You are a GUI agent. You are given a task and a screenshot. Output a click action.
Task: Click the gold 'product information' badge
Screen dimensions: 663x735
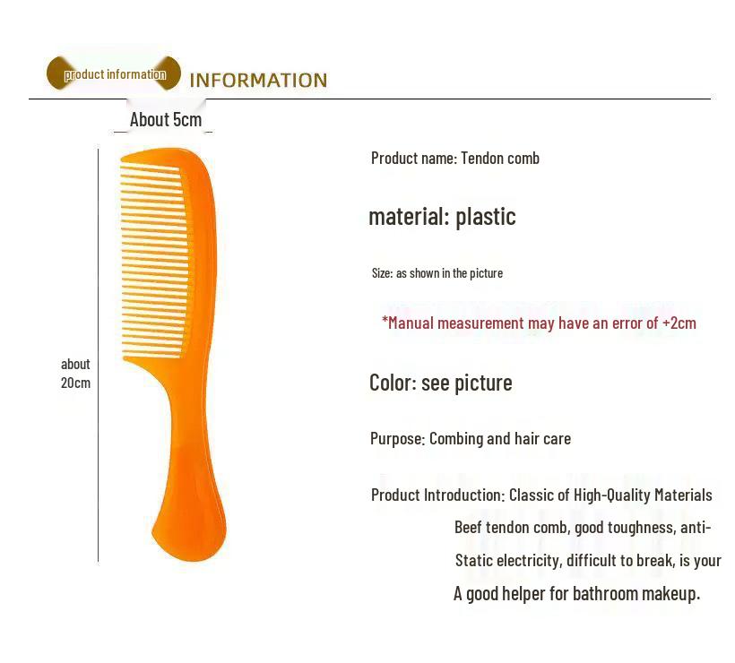[x=114, y=74]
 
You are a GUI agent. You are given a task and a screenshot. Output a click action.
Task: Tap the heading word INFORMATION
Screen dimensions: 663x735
[x=258, y=81]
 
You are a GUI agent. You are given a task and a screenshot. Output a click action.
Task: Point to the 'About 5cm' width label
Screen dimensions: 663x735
[x=166, y=120]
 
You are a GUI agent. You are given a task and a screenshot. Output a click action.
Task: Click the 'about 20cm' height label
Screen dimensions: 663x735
[x=75, y=374]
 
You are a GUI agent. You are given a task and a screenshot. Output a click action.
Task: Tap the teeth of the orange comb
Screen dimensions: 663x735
[x=152, y=260]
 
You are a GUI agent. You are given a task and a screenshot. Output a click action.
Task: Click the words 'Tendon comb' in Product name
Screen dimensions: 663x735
[x=500, y=159]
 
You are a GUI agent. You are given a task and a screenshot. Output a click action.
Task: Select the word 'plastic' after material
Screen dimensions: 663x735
[x=486, y=217]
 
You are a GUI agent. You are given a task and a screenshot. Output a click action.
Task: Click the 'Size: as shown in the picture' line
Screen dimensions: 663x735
[x=437, y=273]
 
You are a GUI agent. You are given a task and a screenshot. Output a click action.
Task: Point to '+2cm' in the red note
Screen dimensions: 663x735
[x=679, y=323]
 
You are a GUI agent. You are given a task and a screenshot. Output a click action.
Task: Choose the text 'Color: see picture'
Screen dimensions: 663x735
[x=441, y=383]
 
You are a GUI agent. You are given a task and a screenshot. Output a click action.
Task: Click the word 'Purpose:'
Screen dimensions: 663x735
[x=397, y=439]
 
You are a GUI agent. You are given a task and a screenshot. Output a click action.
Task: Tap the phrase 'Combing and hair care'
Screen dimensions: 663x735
[x=500, y=439]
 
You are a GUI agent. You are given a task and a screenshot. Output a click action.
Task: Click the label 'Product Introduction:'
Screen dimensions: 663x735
[x=438, y=495]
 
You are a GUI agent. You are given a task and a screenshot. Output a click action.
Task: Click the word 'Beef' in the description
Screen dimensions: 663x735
[x=469, y=528]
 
